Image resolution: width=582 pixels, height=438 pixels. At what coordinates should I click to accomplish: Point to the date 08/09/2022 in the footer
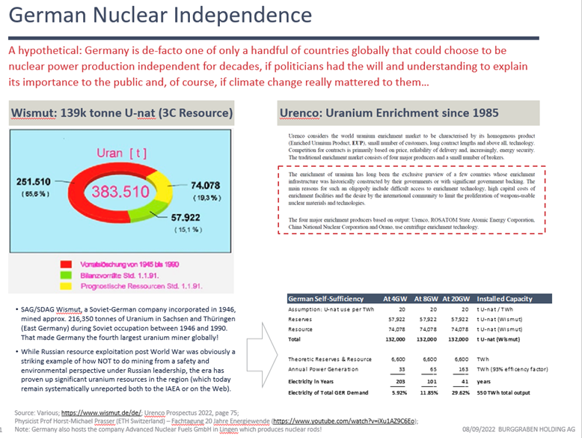coord(464,428)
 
